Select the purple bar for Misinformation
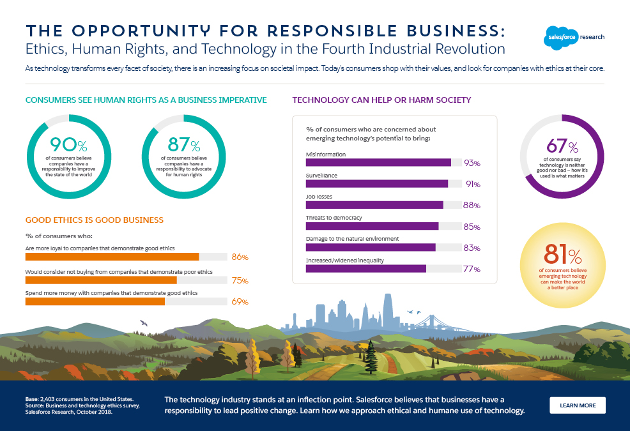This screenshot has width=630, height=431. pyautogui.click(x=378, y=163)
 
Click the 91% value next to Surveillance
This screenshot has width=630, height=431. pyautogui.click(x=472, y=185)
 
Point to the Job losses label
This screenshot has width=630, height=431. pyautogui.click(x=319, y=197)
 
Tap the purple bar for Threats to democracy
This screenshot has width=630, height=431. pyautogui.click(x=372, y=226)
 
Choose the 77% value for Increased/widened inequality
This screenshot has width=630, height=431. pyautogui.click(x=472, y=269)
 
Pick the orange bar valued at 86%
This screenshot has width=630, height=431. pyautogui.click(x=112, y=257)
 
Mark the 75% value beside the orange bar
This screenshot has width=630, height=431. pyautogui.click(x=240, y=280)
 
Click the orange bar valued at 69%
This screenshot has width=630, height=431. pyautogui.click(x=95, y=301)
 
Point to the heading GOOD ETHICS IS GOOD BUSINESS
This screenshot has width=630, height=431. pyautogui.click(x=94, y=220)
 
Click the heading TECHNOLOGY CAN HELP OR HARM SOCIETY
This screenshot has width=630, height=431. pyautogui.click(x=381, y=100)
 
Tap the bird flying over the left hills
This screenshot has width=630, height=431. pyautogui.click(x=144, y=323)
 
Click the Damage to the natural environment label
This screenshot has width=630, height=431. pyautogui.click(x=353, y=239)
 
